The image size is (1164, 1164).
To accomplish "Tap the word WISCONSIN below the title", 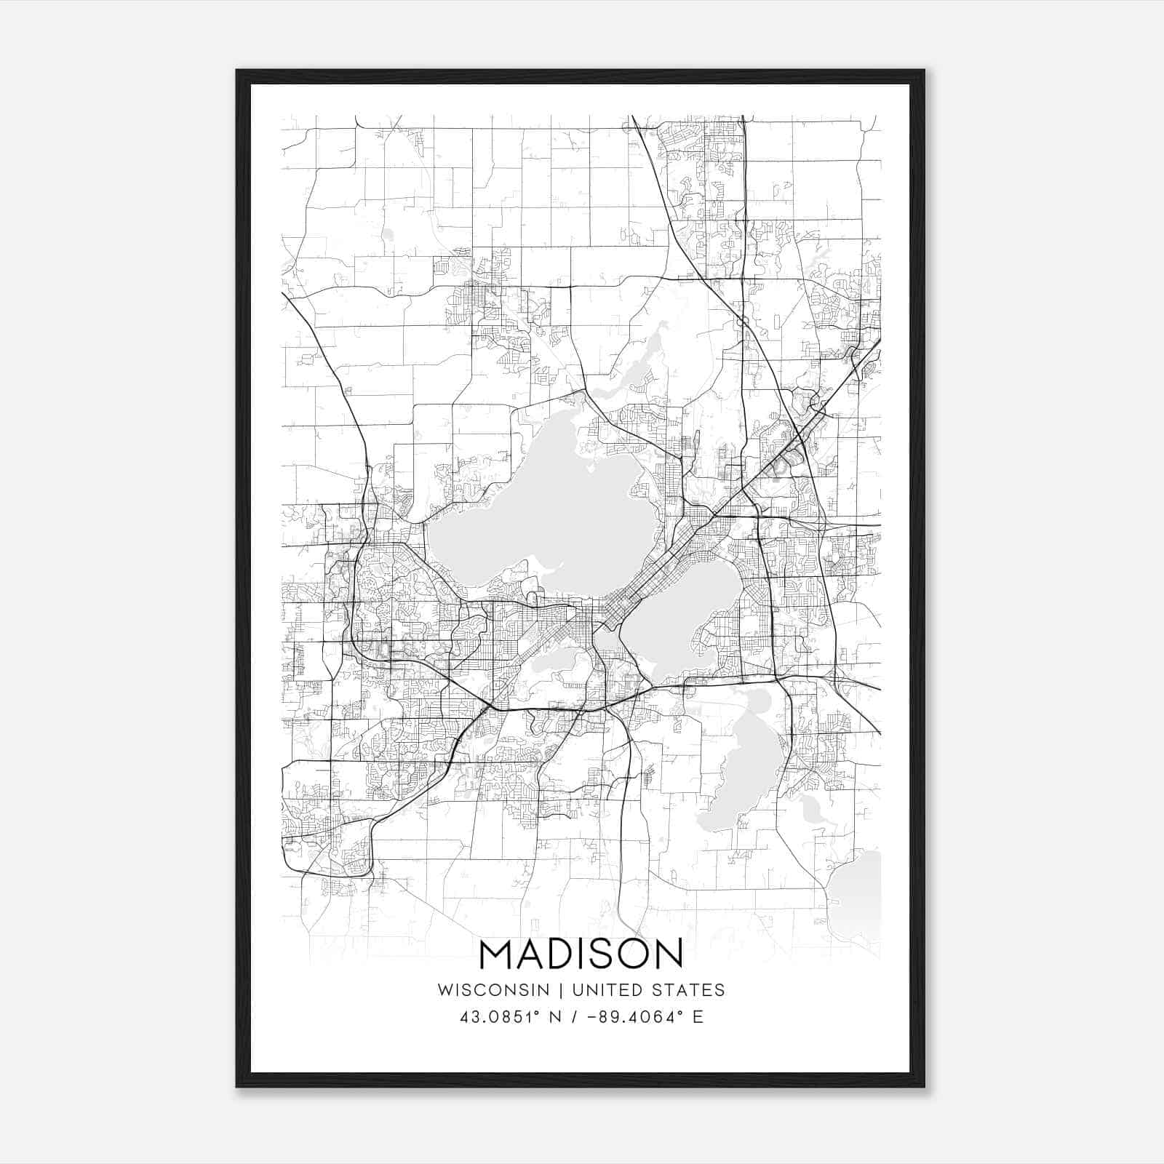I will pos(498,990).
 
